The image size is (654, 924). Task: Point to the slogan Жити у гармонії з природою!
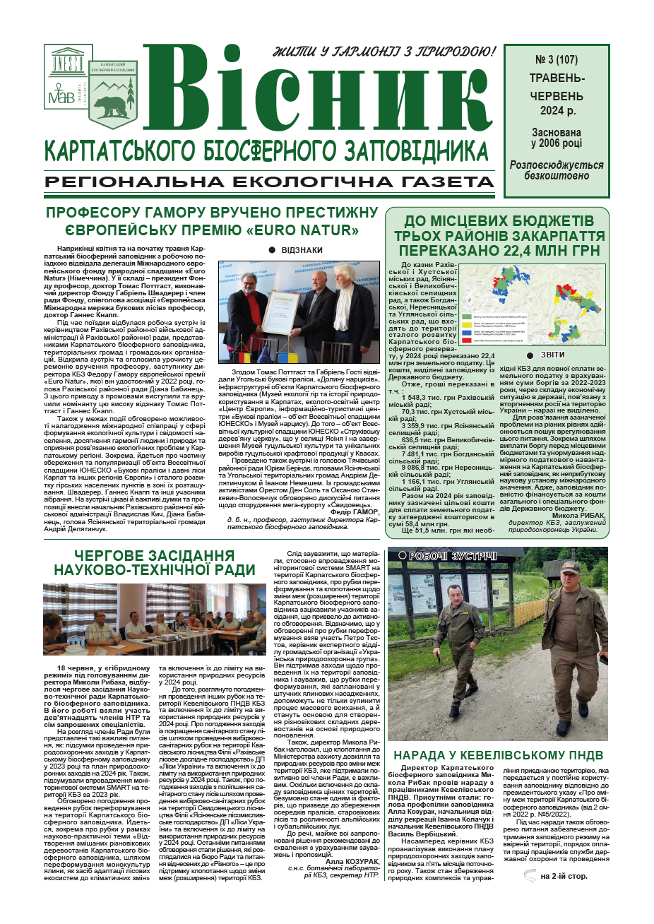tap(384, 52)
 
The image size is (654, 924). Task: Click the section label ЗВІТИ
tap(552, 355)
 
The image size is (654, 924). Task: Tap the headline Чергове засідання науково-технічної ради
tap(155, 562)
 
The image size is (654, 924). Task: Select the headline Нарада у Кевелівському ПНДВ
tap(498, 755)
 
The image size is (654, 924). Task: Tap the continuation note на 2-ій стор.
tap(564, 877)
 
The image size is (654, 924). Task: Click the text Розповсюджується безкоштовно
tap(557, 170)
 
